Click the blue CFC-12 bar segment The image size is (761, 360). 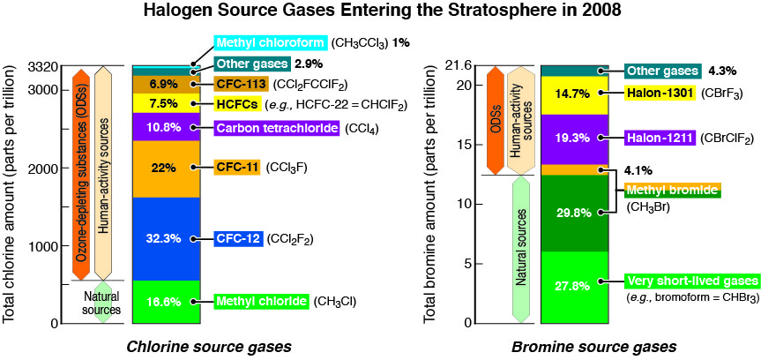pos(166,239)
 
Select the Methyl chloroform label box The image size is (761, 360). pos(271,42)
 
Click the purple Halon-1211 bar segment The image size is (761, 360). pos(575,139)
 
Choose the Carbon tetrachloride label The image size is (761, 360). pos(277,128)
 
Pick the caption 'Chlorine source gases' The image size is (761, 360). pos(209,348)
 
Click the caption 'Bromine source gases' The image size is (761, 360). pos(594,348)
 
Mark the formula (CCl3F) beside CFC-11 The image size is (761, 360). pos(287,168)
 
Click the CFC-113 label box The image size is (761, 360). pos(242,84)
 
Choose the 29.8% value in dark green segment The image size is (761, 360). pos(575,213)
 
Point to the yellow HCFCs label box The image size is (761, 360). pos(236,103)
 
